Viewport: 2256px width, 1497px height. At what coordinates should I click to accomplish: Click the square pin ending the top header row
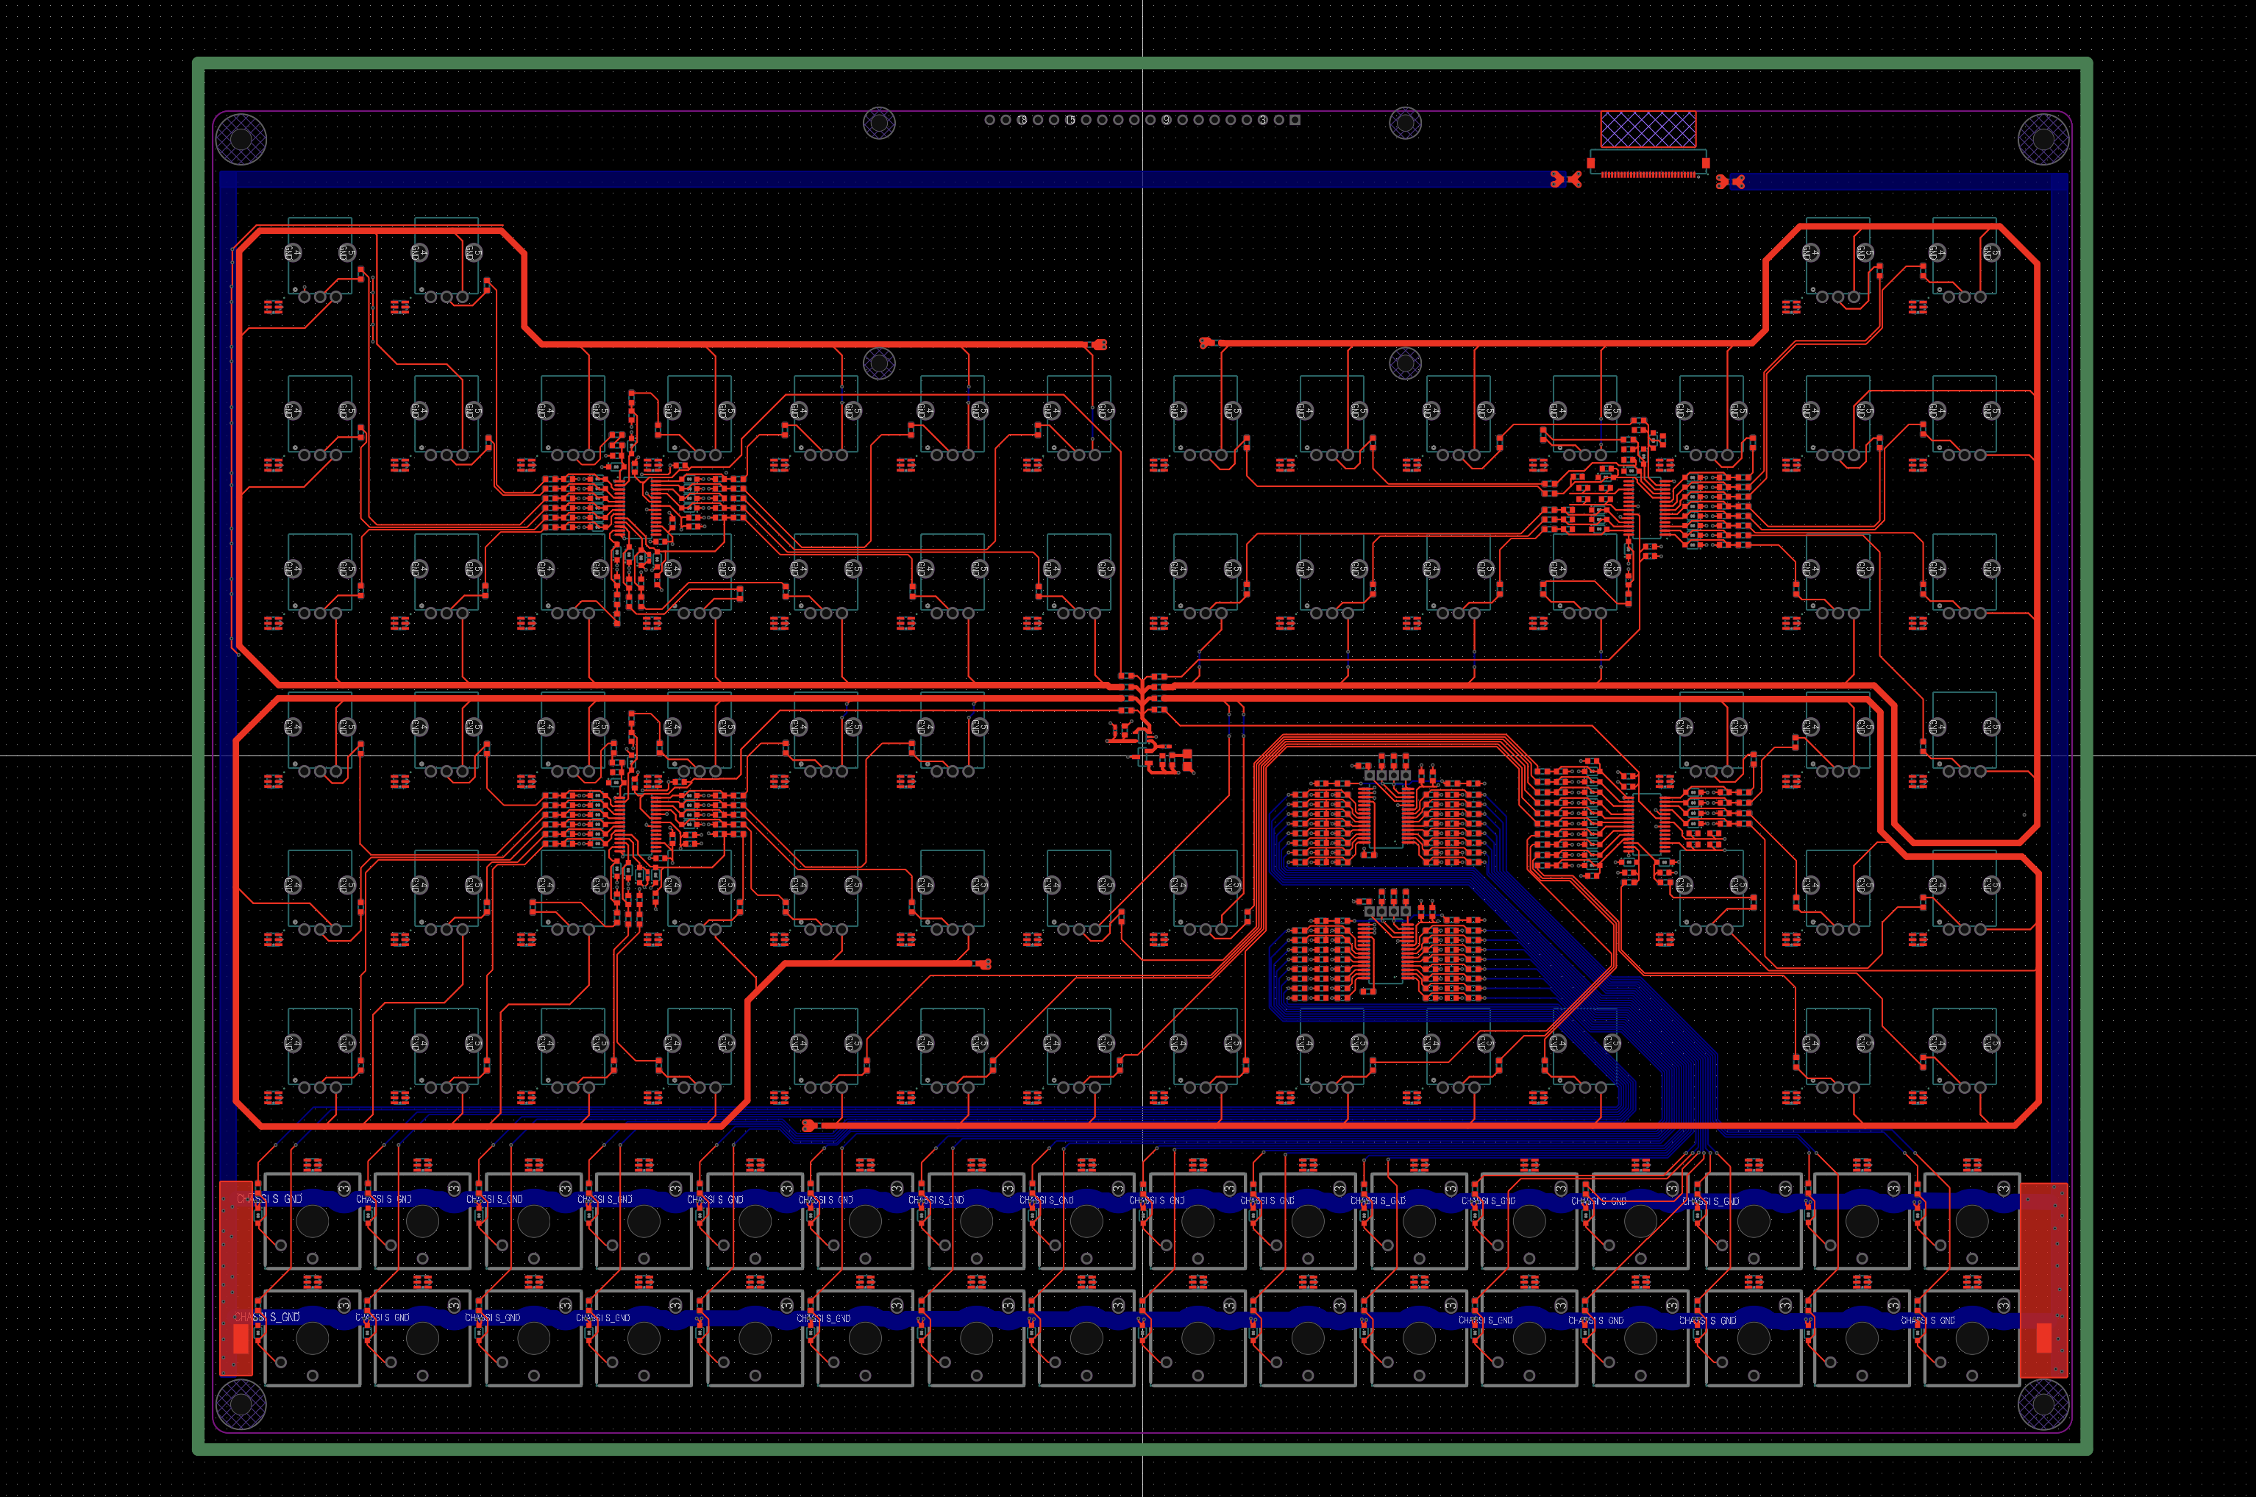1295,121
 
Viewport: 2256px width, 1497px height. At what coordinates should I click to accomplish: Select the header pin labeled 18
1022,121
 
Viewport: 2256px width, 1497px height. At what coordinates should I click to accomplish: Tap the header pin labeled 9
1167,121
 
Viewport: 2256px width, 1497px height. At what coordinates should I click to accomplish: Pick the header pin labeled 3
1262,121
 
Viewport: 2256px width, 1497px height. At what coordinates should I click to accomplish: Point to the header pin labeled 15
1070,121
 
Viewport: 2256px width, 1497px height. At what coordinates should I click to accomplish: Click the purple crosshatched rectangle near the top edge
1648,129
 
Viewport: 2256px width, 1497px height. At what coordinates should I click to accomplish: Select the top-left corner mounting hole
241,139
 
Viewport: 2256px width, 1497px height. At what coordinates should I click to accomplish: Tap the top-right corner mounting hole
2043,139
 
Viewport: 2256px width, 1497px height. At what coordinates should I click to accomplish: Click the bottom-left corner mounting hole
241,1404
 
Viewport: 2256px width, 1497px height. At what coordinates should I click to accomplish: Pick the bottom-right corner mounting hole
2043,1404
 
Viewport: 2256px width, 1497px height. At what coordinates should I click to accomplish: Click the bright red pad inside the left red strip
241,1339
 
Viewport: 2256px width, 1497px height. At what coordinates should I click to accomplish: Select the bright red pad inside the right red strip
2043,1339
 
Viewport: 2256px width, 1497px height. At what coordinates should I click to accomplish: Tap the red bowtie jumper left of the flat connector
1565,179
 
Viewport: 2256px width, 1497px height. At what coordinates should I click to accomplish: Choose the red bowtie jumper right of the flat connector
1730,182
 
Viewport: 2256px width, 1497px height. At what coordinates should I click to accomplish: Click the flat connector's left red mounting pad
1590,163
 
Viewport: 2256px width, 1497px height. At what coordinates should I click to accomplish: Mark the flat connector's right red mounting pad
1705,163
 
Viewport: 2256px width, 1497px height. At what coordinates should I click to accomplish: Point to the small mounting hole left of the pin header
879,122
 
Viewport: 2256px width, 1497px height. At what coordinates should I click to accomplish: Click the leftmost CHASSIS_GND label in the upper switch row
269,1199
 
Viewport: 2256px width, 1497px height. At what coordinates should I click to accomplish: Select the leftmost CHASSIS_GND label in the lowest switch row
268,1318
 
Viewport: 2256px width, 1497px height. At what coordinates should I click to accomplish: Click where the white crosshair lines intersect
1143,755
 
